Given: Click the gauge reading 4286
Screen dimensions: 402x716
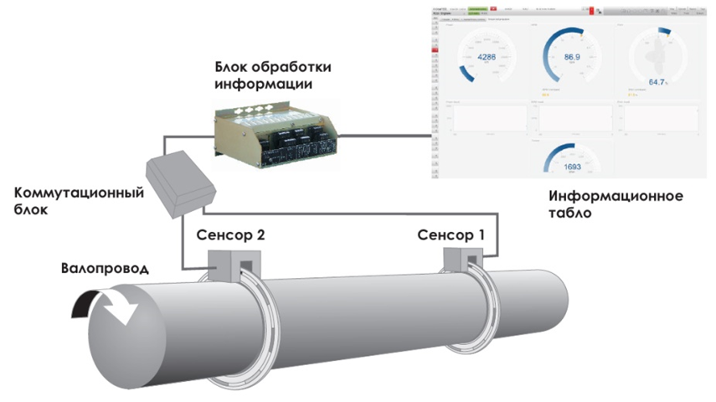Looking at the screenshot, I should (x=487, y=57).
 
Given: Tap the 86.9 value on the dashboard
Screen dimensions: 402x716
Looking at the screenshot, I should (x=573, y=57).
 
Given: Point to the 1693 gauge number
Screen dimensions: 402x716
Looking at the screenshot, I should (x=572, y=165).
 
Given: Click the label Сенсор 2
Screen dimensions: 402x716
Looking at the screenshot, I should (x=230, y=235).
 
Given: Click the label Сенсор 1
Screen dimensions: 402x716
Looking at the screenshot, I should (x=451, y=234).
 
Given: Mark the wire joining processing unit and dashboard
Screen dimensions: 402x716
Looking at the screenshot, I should (x=385, y=132).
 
